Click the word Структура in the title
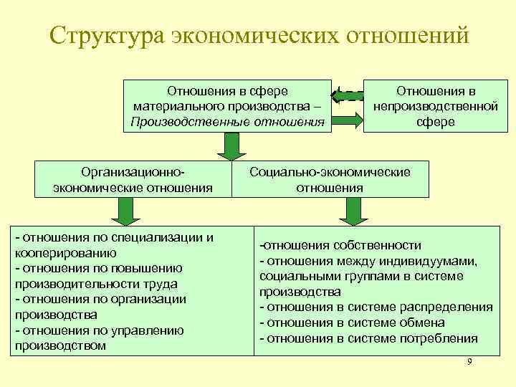pos(107,36)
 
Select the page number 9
pos(469,362)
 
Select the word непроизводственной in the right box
pos(435,106)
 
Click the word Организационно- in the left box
pos(133,173)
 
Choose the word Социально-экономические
pos(330,172)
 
